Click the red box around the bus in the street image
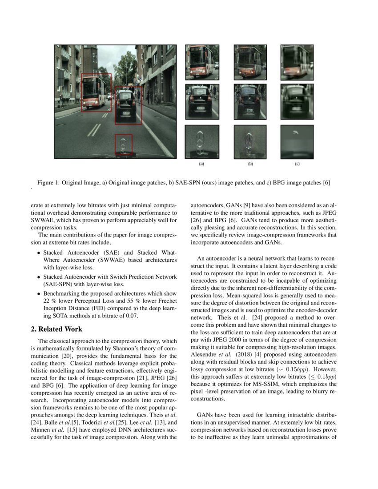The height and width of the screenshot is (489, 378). (96, 92)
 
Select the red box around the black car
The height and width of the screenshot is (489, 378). (129, 105)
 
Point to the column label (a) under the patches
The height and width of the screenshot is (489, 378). (201, 164)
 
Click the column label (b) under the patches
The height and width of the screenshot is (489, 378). (250, 164)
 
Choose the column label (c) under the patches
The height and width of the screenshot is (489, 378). (297, 164)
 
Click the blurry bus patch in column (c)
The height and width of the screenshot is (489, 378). (297, 62)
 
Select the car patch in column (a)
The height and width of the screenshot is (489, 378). (202, 102)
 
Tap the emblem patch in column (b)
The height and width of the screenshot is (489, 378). (250, 142)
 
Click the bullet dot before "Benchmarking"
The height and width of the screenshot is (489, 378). (39, 294)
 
